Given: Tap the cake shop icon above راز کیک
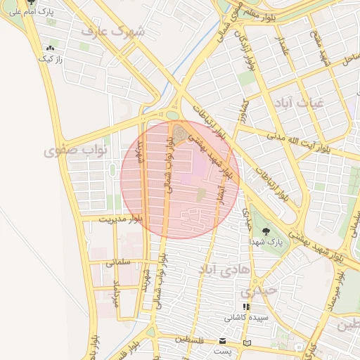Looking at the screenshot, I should coord(50,49).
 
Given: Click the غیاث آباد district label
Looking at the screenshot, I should coord(302,102).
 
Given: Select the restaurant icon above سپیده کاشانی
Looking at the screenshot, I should coord(245,307).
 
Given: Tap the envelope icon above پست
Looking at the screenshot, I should coord(223,342).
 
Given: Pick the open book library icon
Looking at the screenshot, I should coord(245,342).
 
